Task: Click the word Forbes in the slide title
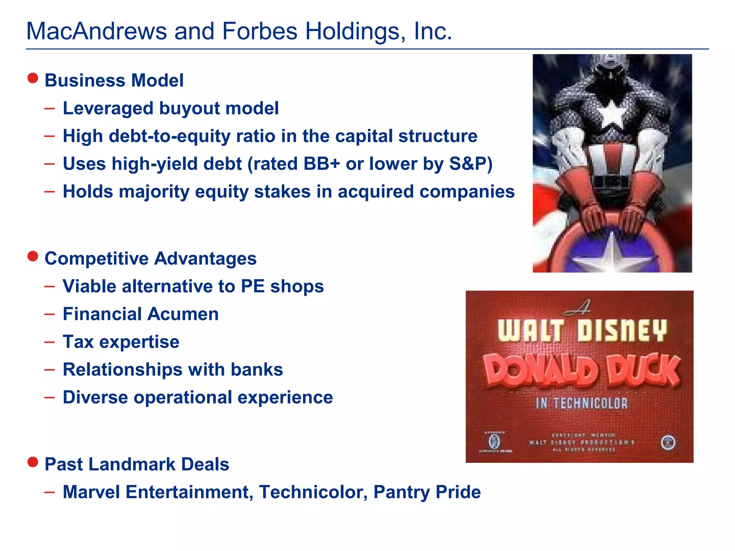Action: pyautogui.click(x=259, y=31)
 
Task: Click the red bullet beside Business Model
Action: pyautogui.click(x=33, y=78)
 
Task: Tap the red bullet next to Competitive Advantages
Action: pyautogui.click(x=33, y=256)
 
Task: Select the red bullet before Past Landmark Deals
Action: pyautogui.click(x=33, y=462)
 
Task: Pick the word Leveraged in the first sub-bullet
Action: pyautogui.click(x=108, y=108)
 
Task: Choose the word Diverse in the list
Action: pyautogui.click(x=95, y=397)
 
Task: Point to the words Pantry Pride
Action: pyautogui.click(x=427, y=492)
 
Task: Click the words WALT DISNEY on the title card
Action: pyautogui.click(x=582, y=330)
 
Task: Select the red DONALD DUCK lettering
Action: pyautogui.click(x=581, y=371)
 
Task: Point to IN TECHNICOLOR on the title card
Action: pyautogui.click(x=581, y=403)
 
